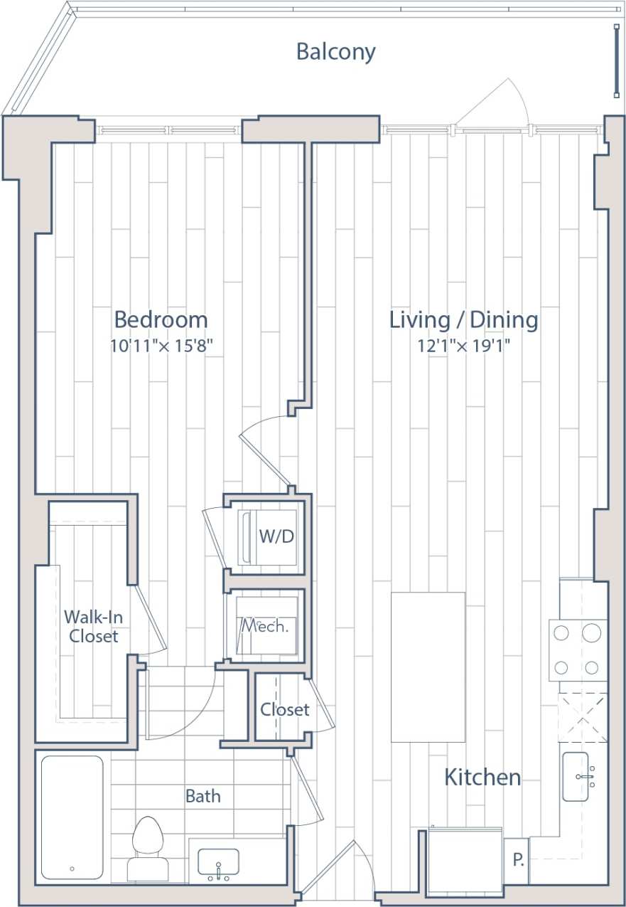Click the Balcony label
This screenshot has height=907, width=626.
coord(335,52)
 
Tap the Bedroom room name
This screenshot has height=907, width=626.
coord(161,319)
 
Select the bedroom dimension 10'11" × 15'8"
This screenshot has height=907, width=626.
coord(161,346)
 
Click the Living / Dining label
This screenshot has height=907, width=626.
coord(463,319)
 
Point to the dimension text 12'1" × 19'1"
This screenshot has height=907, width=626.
coord(464,346)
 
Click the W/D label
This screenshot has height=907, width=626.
coord(276,536)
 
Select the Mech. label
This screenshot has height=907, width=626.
coord(264,627)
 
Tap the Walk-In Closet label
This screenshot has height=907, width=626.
coord(93,626)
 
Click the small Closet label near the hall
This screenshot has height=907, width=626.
coord(284,709)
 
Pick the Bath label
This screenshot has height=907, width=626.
coord(203,796)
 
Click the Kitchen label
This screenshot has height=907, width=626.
coord(482,778)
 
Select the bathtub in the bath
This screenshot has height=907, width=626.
coord(72,817)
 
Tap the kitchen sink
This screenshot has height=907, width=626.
coord(585,776)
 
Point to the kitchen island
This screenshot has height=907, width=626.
coord(428,667)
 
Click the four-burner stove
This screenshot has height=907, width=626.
coord(578,649)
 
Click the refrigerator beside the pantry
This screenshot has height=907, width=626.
coord(465,862)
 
